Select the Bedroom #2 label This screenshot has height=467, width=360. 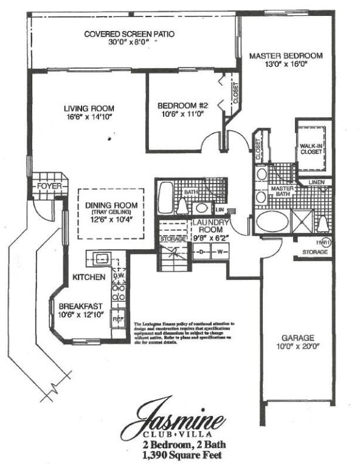(180, 108)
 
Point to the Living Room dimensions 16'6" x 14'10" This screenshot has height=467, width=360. (89, 119)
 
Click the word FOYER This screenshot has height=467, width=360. (47, 185)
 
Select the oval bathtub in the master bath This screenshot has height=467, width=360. (271, 221)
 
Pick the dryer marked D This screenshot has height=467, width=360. (201, 252)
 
